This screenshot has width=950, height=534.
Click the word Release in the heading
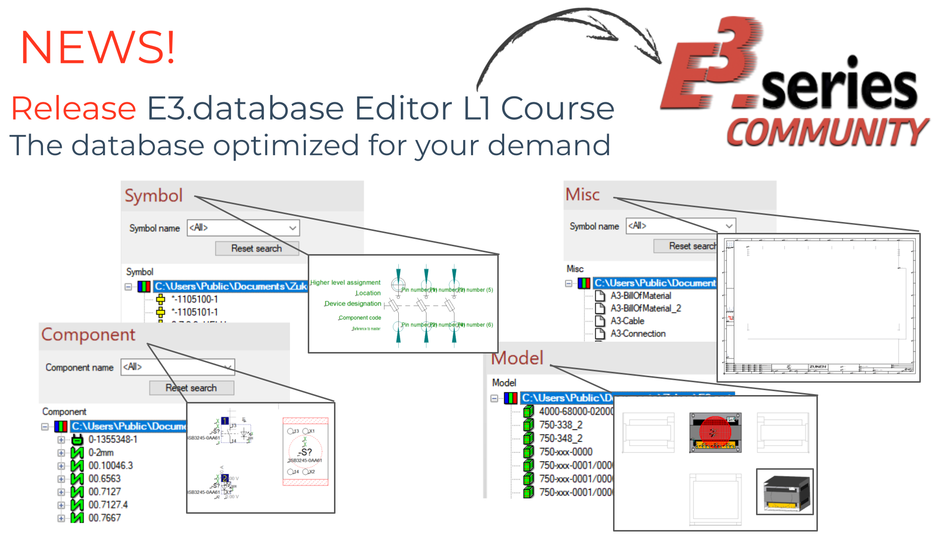74,108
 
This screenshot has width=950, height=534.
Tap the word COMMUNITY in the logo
827,132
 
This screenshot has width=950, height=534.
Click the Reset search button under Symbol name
256,248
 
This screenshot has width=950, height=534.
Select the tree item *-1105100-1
194,299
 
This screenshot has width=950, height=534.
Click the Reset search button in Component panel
191,388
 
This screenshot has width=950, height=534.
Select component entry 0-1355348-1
113,439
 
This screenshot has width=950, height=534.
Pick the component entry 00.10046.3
110,465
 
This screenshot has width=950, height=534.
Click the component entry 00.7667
104,518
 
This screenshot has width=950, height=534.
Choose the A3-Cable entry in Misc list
627,321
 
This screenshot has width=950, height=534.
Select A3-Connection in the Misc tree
638,334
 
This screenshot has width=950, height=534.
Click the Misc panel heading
582,194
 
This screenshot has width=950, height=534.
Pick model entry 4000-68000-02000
575,411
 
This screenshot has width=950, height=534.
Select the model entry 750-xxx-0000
566,452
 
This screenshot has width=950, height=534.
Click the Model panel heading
518,358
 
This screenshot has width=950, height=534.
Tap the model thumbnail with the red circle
715,433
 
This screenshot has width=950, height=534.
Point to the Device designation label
352,304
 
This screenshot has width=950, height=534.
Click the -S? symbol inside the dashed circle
305,452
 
